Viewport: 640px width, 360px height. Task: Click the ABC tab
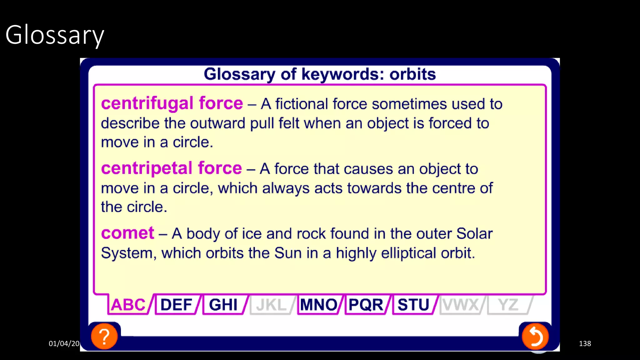pos(128,305)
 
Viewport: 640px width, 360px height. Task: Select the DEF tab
pos(176,305)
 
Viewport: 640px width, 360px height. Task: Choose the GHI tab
pos(223,305)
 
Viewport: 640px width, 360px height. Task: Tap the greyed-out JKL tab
pos(271,305)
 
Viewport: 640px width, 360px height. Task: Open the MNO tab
pos(318,305)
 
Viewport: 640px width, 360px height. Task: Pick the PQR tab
pos(366,305)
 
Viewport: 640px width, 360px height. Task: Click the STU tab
pos(413,305)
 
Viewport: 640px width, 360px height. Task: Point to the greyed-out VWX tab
pos(461,305)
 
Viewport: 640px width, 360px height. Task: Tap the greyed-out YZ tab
pos(508,305)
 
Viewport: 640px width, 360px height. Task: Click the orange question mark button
pos(104,337)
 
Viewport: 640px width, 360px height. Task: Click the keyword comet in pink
pos(127,233)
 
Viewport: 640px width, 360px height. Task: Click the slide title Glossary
pos(55,35)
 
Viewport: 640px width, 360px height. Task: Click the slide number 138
pos(585,343)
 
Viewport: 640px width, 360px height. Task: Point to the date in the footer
pos(64,343)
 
